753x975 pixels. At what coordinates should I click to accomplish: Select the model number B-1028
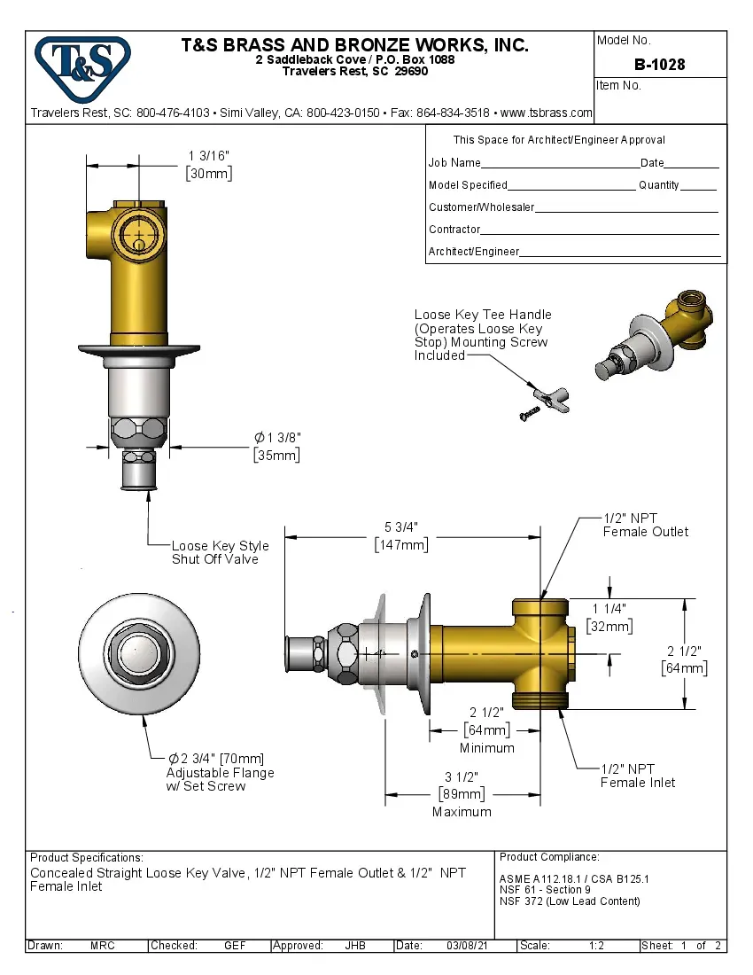[659, 65]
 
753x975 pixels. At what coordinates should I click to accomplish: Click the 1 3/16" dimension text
[209, 156]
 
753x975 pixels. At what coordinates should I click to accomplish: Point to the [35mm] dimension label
[276, 455]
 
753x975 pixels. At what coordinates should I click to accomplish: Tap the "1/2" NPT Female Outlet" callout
[645, 525]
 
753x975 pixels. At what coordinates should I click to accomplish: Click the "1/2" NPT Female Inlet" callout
[638, 776]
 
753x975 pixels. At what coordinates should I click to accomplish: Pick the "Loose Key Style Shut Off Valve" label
[220, 552]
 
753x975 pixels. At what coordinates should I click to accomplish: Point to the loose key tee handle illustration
[551, 398]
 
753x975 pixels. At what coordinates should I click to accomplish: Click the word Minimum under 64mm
[486, 747]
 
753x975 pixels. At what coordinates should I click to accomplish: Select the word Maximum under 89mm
[462, 811]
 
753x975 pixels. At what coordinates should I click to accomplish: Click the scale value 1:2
[596, 946]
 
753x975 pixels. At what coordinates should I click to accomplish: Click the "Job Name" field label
[454, 163]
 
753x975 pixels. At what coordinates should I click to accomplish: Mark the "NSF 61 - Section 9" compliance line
[545, 890]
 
